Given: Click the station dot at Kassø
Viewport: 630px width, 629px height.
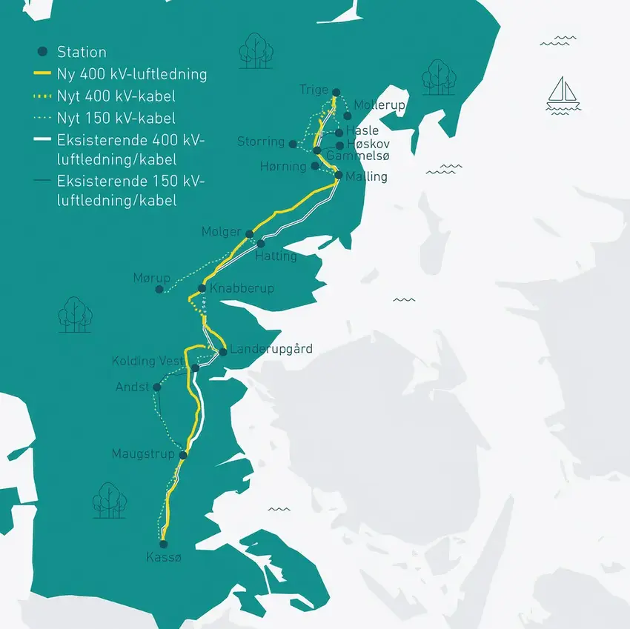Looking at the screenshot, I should tap(164, 543).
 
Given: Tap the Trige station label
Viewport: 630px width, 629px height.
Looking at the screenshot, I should tap(314, 90).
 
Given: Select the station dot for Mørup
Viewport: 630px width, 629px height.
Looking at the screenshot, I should tap(159, 289).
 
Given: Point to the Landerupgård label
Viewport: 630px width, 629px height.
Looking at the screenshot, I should tap(271, 349).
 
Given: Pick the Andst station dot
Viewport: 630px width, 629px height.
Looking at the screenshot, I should tap(156, 387).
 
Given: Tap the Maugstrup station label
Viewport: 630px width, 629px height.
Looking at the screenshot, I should tap(143, 453).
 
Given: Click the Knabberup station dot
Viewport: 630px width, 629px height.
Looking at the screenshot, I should tap(202, 288).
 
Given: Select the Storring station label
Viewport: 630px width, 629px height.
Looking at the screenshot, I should tap(261, 142).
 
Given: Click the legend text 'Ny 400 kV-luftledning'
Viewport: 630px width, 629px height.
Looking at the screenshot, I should tap(132, 74).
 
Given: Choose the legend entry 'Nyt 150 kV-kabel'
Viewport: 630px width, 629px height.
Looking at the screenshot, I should tap(116, 118).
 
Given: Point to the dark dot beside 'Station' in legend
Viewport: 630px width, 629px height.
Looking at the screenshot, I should tap(43, 52).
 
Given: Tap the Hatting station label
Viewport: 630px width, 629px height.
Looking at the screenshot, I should tap(275, 256).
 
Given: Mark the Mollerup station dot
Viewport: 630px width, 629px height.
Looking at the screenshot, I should tap(348, 115).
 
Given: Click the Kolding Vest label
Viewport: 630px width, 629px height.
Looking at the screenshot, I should tap(147, 362).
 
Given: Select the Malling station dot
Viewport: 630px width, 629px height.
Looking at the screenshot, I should tap(339, 176).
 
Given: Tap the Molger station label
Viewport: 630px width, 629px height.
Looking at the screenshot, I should tap(222, 232).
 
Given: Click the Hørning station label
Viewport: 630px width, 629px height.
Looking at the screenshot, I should tap(283, 167).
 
